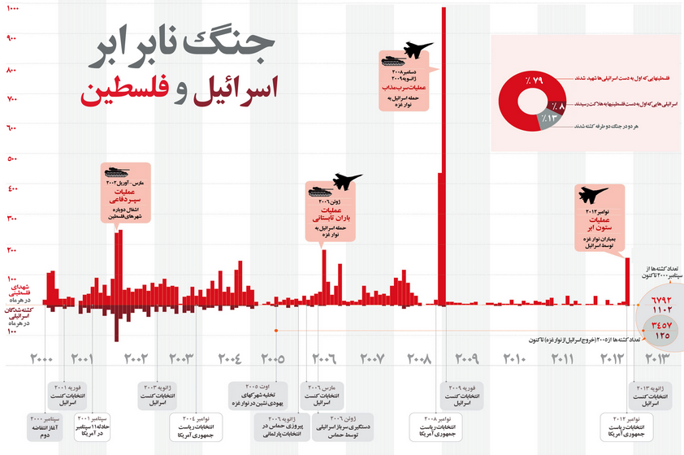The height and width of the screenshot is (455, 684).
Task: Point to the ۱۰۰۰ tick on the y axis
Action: tap(12, 10)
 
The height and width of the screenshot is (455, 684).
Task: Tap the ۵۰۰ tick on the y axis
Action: tap(12, 159)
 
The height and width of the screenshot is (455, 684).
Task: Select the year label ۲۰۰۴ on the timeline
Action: tap(230, 358)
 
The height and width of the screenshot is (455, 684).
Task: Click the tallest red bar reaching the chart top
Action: tap(444, 122)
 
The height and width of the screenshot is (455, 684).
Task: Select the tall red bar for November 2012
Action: tap(627, 281)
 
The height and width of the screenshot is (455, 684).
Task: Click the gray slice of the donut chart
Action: tap(530, 122)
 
